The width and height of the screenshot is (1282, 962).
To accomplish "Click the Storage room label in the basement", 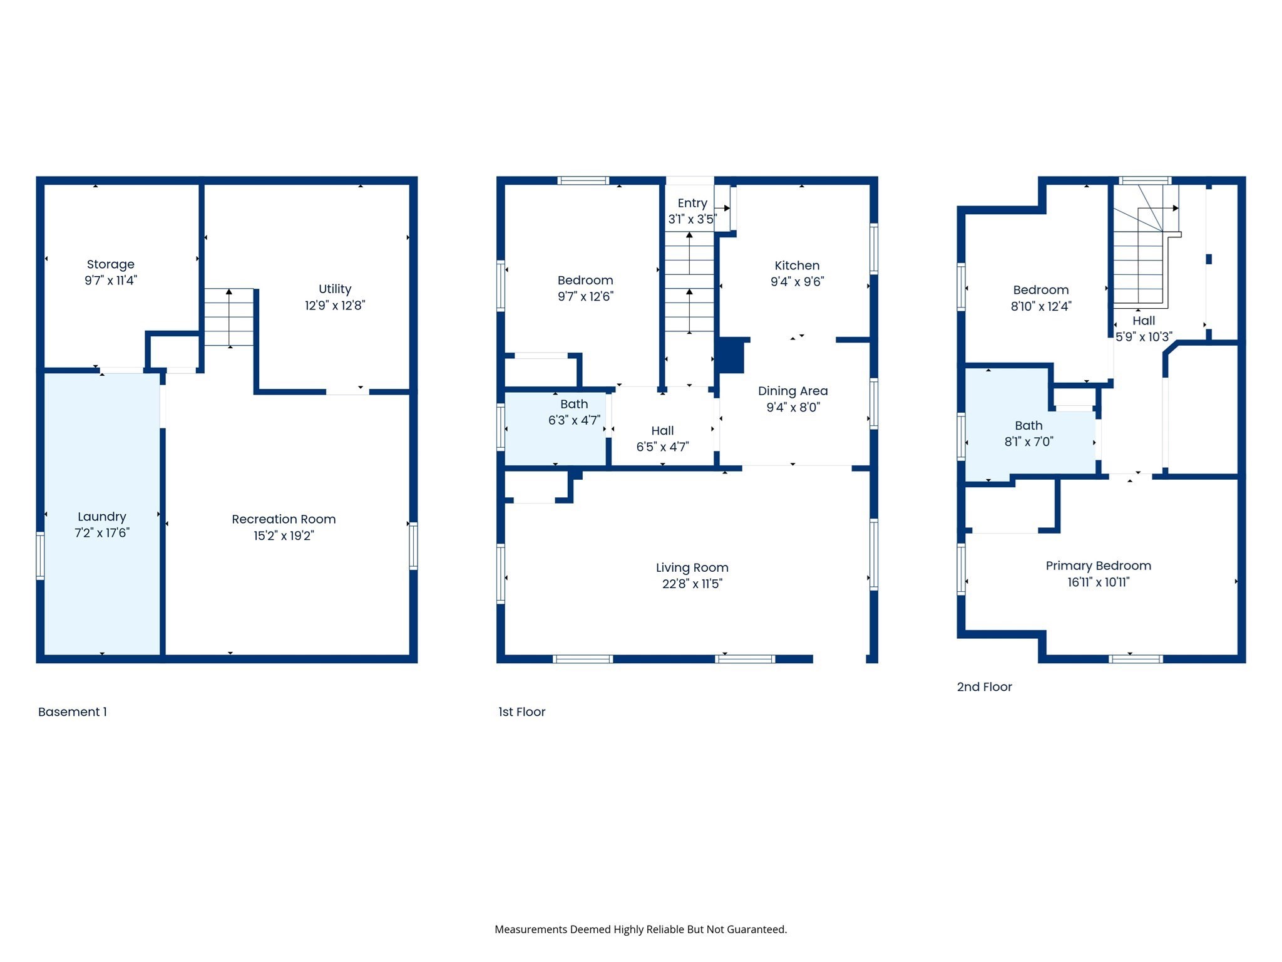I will pyautogui.click(x=110, y=264).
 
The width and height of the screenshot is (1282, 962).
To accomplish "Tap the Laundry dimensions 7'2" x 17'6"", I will pyautogui.click(x=101, y=533).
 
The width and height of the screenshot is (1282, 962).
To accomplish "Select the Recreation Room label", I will pyautogui.click(x=284, y=519).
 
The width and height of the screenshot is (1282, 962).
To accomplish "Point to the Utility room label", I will pyautogui.click(x=335, y=289).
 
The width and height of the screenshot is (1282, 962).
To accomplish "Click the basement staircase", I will pyautogui.click(x=229, y=317).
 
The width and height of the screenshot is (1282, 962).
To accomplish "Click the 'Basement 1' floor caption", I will pyautogui.click(x=73, y=712).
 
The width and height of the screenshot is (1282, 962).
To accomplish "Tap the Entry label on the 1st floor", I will pyautogui.click(x=692, y=204).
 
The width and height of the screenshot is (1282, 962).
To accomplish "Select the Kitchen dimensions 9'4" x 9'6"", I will pyautogui.click(x=797, y=282).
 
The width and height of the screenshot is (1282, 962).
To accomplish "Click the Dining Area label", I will pyautogui.click(x=792, y=391).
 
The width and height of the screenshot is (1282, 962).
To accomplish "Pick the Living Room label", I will pyautogui.click(x=692, y=568).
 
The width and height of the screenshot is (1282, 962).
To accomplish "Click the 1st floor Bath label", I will pyautogui.click(x=574, y=405).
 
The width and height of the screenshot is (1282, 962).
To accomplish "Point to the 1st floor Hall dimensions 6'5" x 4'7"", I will pyautogui.click(x=662, y=447).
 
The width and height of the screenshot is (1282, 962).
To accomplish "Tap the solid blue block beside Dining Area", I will pyautogui.click(x=730, y=355).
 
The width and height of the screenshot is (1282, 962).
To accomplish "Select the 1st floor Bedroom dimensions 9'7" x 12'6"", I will pyautogui.click(x=585, y=297).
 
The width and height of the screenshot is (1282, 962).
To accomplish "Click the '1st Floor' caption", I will pyautogui.click(x=521, y=712).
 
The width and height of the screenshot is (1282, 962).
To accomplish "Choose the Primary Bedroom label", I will pyautogui.click(x=1098, y=566).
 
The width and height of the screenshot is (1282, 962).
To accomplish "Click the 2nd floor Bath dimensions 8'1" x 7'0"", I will pyautogui.click(x=1028, y=442).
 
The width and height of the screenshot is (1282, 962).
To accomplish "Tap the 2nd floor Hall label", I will pyautogui.click(x=1144, y=321).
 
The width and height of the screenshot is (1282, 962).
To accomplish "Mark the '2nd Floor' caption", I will pyautogui.click(x=984, y=687).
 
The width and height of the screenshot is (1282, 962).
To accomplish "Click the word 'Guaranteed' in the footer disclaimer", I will pyautogui.click(x=756, y=929).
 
